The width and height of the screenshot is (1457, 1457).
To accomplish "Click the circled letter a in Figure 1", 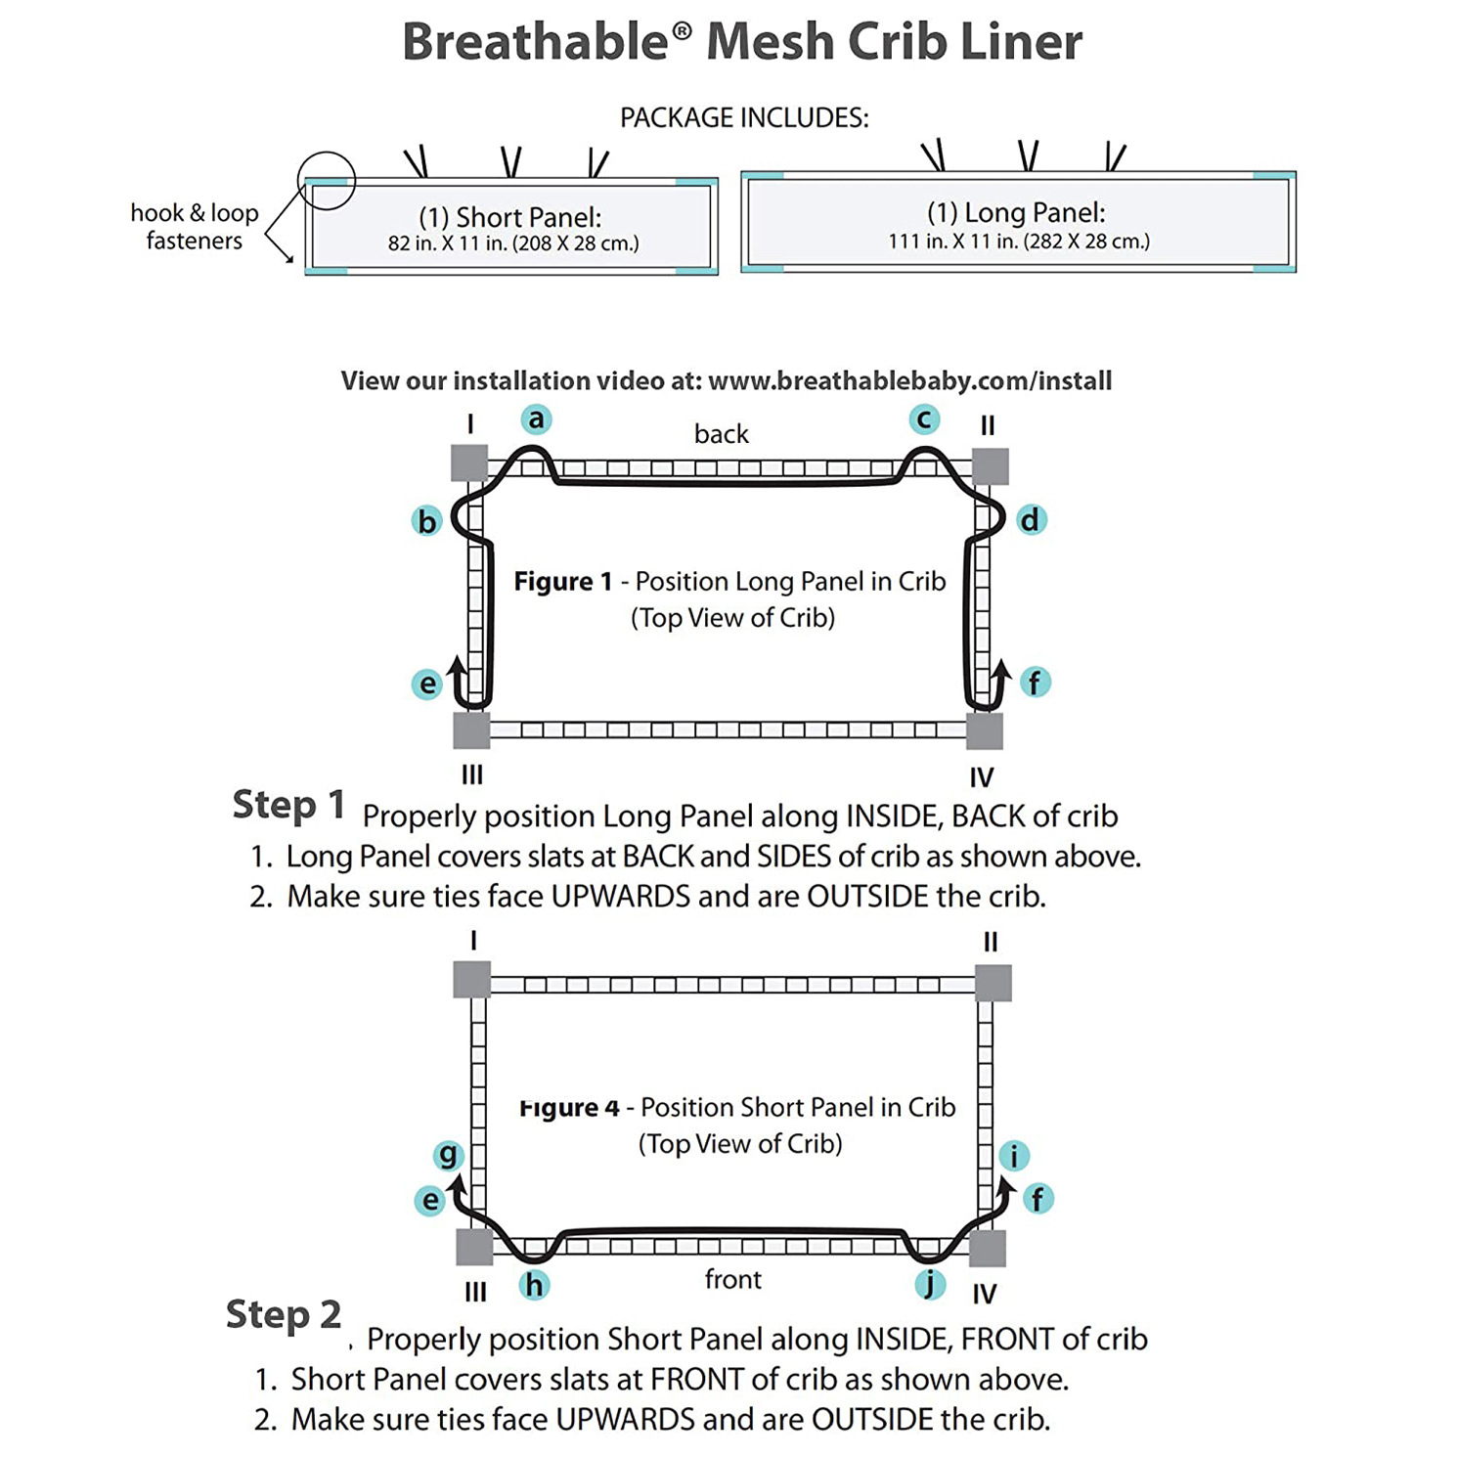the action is click(535, 419).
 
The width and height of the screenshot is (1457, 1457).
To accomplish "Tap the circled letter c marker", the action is click(924, 419).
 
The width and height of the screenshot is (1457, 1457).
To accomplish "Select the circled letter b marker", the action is click(427, 521).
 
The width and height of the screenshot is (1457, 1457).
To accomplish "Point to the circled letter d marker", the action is click(1030, 519).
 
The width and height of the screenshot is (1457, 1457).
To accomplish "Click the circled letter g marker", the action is click(449, 1155).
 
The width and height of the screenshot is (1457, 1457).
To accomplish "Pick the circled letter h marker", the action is click(534, 1284).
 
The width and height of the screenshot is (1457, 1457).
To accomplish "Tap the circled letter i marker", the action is click(1014, 1156).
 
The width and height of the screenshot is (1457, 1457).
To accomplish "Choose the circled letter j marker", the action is click(930, 1283).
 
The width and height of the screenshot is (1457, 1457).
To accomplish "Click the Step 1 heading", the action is click(288, 805).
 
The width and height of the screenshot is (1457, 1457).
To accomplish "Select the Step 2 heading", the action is click(284, 1314).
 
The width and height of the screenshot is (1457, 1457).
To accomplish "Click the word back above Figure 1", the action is click(722, 434).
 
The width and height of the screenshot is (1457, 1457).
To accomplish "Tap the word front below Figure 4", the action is click(733, 1279).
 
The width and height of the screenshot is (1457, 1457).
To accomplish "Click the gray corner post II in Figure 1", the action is click(991, 466).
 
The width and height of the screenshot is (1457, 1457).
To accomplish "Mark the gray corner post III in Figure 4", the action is click(475, 1248).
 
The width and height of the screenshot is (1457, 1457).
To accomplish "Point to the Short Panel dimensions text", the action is click(513, 243).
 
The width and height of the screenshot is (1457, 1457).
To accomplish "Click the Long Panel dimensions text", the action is click(1019, 242).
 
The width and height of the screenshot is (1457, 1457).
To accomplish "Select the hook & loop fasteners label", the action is click(195, 227).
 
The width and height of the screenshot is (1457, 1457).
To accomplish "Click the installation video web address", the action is click(910, 380).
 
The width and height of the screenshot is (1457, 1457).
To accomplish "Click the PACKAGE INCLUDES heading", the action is click(744, 118).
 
